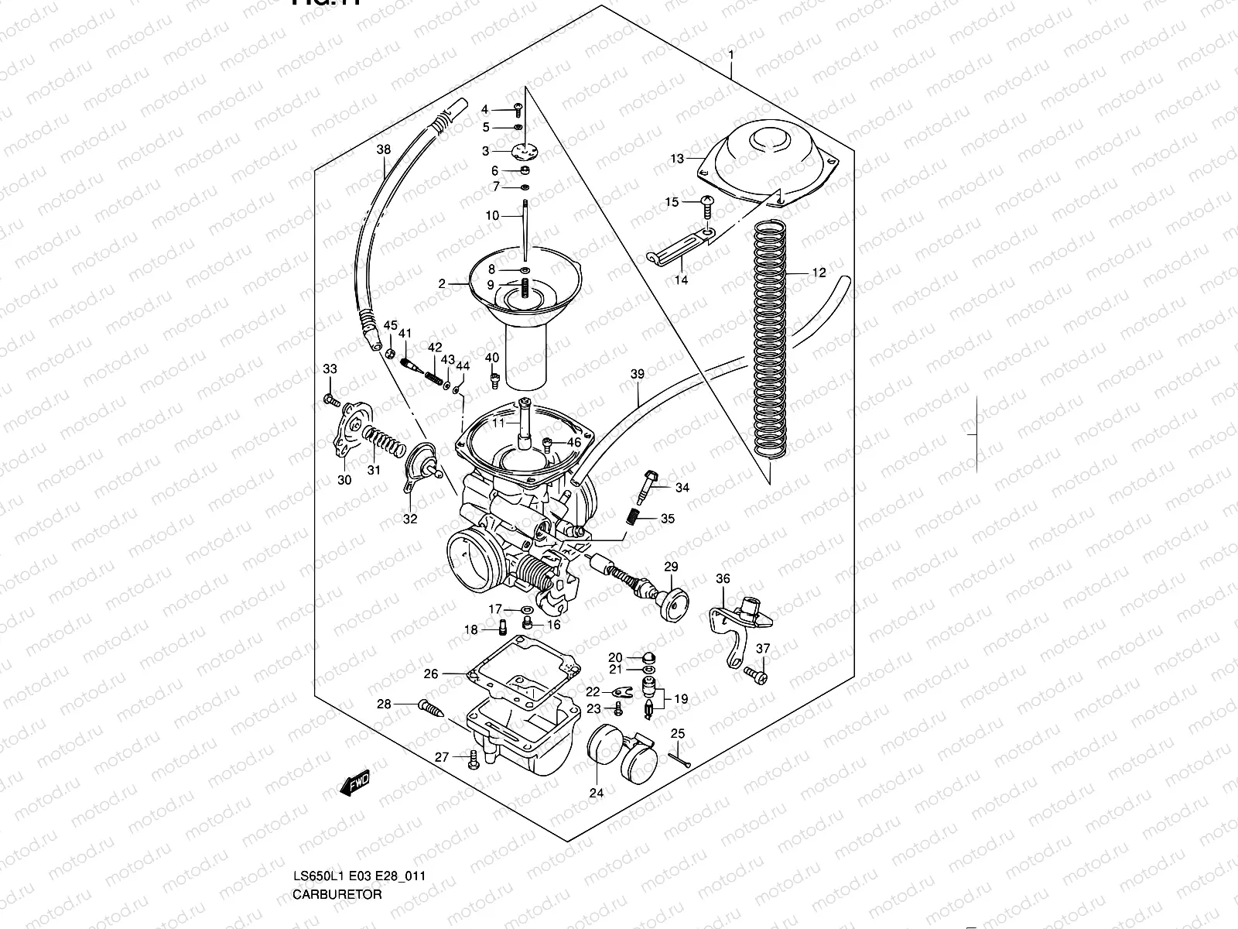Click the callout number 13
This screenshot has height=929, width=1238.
click(x=677, y=159)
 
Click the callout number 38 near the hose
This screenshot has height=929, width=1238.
click(x=384, y=149)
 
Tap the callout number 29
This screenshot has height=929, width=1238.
click(x=670, y=567)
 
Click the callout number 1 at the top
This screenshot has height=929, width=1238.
click(x=730, y=55)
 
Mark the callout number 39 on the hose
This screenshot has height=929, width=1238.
click(x=637, y=374)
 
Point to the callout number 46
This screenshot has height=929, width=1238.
click(x=573, y=443)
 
